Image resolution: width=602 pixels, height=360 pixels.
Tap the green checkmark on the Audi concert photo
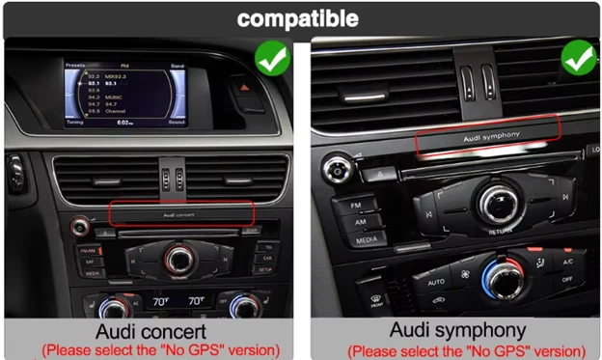click(x=272, y=61)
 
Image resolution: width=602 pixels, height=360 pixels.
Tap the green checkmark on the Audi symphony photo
click(x=579, y=60)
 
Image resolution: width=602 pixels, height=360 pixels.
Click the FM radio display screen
click(x=124, y=94)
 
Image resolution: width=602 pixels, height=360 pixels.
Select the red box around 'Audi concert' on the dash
click(x=181, y=213)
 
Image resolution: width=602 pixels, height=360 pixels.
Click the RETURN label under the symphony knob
click(x=501, y=232)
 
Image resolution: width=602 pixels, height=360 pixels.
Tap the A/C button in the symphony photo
click(x=566, y=262)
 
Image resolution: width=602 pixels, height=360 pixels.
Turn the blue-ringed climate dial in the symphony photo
click(x=501, y=281)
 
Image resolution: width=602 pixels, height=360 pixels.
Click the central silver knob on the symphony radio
click(x=500, y=202)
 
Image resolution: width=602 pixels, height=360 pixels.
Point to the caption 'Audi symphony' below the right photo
click(x=456, y=331)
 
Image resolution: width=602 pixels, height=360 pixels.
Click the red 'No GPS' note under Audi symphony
click(x=466, y=350)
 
